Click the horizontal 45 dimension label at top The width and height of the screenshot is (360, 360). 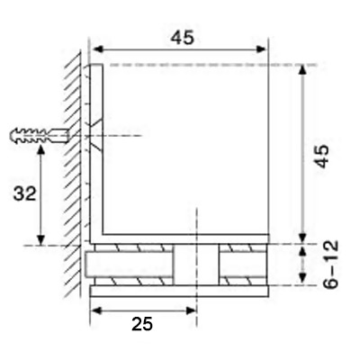click(x=183, y=38)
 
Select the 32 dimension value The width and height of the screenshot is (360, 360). click(x=24, y=193)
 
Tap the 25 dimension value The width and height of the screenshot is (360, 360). click(x=142, y=324)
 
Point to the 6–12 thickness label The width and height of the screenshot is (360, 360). click(x=330, y=264)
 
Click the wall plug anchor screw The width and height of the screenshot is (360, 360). click(x=40, y=136)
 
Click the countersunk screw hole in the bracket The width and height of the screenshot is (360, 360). click(x=96, y=136)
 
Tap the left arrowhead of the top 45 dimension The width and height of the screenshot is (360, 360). click(x=97, y=49)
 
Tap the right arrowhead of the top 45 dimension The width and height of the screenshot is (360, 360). click(x=260, y=49)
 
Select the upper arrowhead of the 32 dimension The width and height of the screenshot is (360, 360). click(x=41, y=150)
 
